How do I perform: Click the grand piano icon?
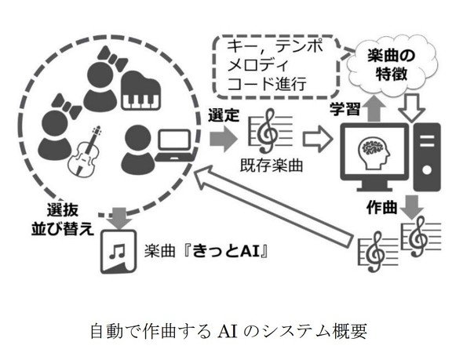(x=141, y=90)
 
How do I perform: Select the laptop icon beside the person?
(x=175, y=145)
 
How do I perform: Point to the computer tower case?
(x=427, y=157)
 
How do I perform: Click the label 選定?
(x=224, y=115)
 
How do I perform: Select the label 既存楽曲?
(x=272, y=165)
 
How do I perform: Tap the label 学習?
(x=345, y=108)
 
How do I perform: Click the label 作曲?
(x=381, y=207)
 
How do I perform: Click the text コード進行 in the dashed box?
(x=267, y=83)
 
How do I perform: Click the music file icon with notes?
(x=118, y=252)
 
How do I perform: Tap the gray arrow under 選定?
(x=223, y=137)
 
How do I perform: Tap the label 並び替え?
(x=63, y=229)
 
